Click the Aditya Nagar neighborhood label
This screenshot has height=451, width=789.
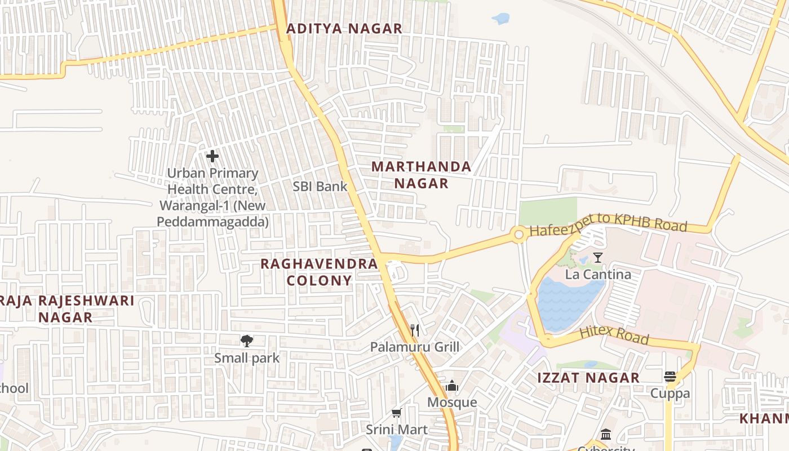point(344,29)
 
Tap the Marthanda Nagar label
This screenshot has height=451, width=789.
point(421,175)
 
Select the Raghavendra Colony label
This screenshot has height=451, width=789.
point(319,272)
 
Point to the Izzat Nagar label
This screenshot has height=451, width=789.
point(588,378)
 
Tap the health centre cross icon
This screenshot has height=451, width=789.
point(212,156)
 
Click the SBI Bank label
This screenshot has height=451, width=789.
point(320,186)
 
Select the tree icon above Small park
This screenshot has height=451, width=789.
point(246,341)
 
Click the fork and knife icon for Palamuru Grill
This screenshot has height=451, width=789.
point(415,330)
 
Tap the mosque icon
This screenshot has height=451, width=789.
point(452,386)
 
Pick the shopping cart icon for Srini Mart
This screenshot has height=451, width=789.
point(396,413)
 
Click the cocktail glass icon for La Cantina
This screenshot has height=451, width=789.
point(597,258)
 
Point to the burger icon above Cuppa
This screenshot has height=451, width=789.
point(670,377)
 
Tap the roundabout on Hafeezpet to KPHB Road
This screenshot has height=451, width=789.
point(519,235)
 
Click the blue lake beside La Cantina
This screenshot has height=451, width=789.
point(566,302)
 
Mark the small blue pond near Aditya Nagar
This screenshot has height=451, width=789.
point(500,19)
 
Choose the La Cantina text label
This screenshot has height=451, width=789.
point(597,275)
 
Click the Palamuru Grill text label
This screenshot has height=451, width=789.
point(415,347)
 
